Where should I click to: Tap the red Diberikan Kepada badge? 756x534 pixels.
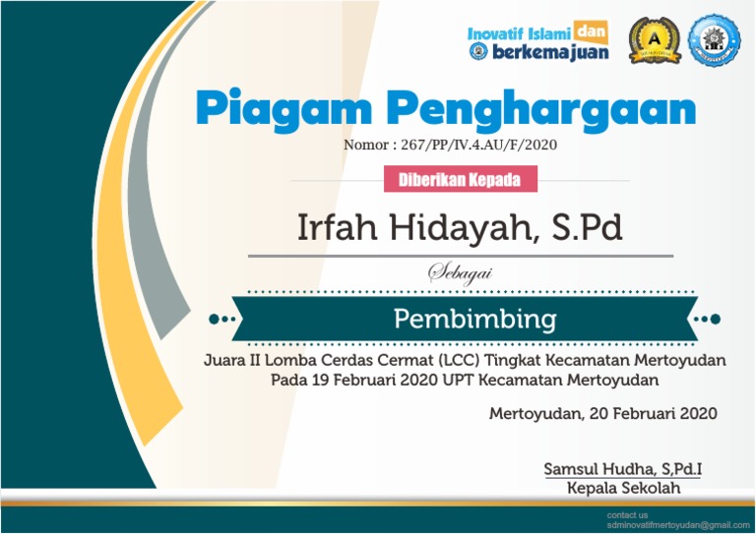click(460, 180)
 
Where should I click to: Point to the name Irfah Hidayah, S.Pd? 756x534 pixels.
click(460, 228)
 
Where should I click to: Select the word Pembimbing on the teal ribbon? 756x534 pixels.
click(474, 319)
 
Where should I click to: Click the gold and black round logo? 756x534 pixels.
click(654, 40)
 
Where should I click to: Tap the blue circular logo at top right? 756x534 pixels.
click(715, 40)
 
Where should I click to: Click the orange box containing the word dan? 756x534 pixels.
click(590, 31)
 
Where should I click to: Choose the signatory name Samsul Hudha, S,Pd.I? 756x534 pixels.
click(623, 469)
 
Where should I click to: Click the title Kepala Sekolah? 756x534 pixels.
click(623, 488)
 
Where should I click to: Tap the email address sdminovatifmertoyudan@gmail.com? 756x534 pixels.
click(670, 525)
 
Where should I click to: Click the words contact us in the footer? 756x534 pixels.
click(627, 514)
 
